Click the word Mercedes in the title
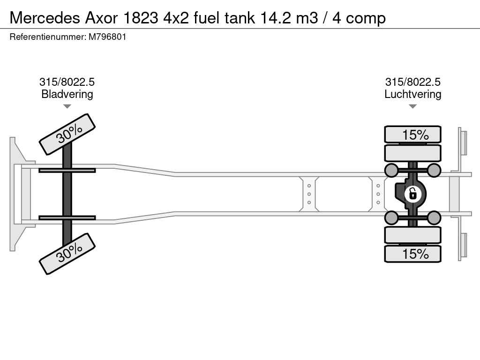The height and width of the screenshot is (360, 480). point(45,18)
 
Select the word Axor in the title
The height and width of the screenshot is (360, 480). point(101,18)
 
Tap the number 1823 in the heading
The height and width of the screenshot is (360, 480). point(141,18)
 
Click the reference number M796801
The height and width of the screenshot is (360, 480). point(107,37)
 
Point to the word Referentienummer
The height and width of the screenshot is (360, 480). point(48,37)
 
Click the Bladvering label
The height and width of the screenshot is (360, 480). point(67,94)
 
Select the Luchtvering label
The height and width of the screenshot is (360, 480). point(412,94)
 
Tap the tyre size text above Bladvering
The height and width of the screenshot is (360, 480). point(67,82)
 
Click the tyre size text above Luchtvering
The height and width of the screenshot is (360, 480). point(412,82)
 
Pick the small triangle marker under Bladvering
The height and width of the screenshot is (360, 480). point(67,106)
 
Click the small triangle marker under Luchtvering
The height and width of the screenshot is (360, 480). point(412,106)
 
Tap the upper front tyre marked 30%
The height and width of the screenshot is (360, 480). point(67,135)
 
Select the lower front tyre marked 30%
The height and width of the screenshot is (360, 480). point(67,254)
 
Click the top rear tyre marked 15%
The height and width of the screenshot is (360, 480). point(412,135)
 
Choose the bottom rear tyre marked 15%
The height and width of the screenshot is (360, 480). point(412,254)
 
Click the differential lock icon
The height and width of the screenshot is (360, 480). point(412,194)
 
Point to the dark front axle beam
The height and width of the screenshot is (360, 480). point(67,194)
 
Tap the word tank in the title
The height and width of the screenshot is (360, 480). point(240,18)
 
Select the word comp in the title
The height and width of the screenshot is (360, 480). point(366,19)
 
